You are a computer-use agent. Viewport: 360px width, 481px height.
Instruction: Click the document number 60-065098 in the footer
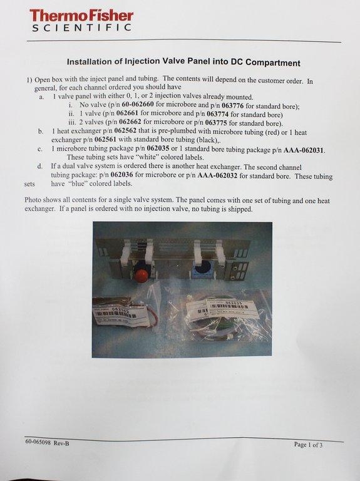click(41, 443)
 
